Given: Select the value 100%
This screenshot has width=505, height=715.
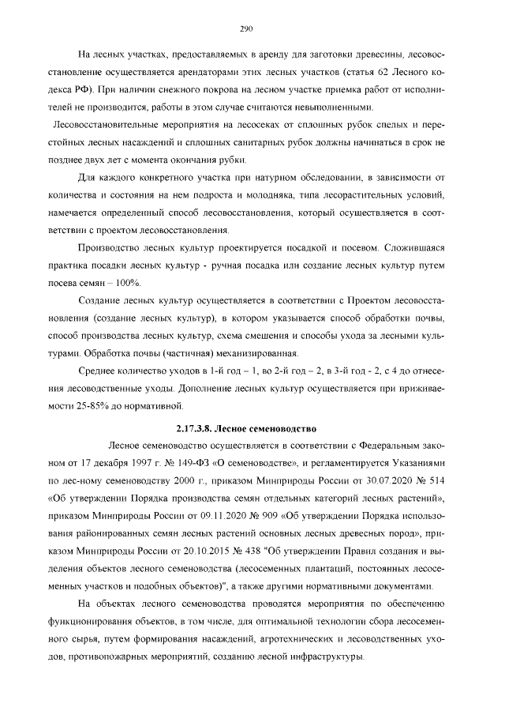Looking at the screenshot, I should coord(128,283).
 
